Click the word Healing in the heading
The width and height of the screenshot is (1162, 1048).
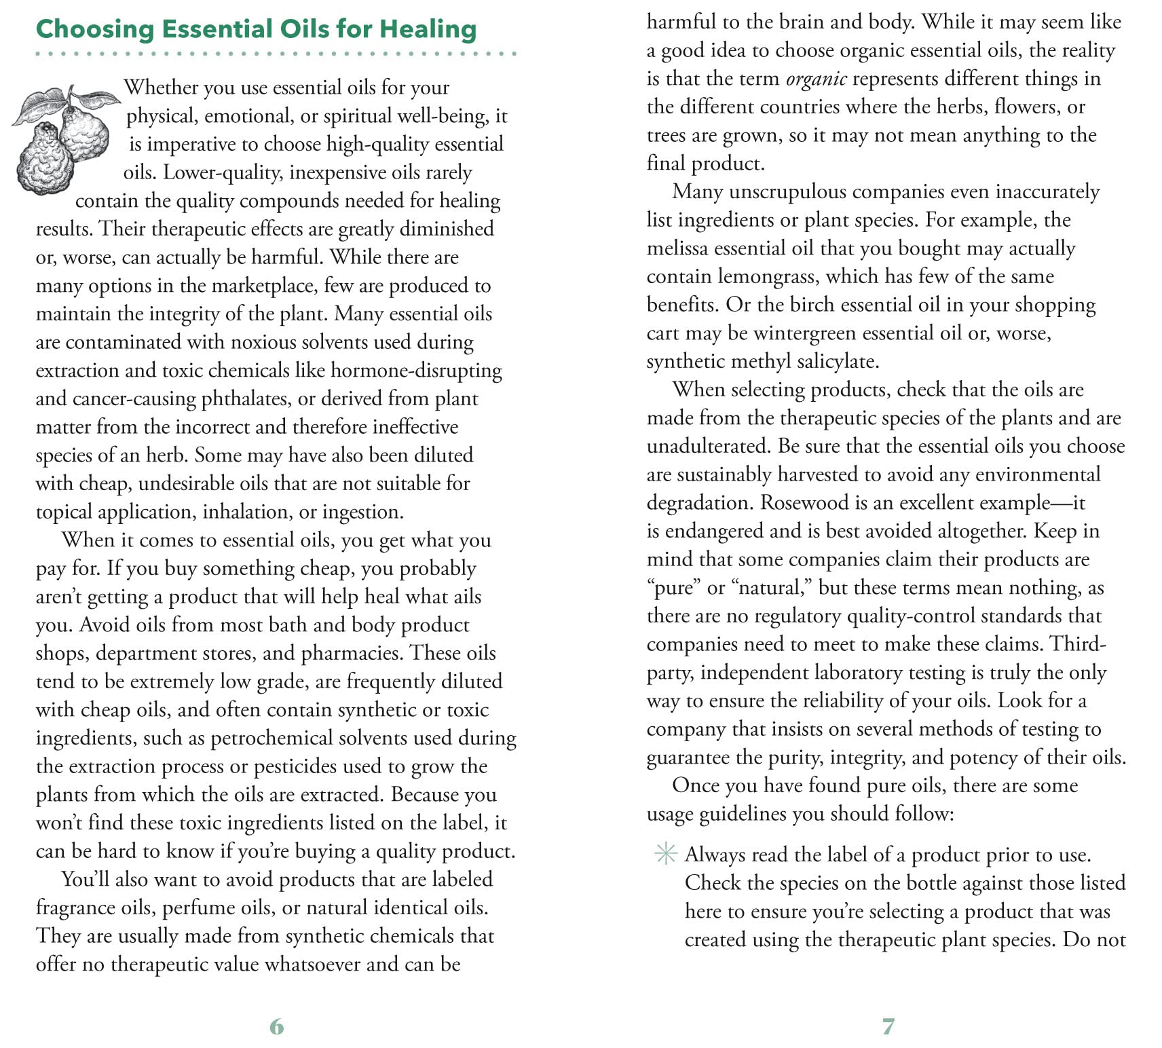428,29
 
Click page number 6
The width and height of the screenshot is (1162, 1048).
276,1026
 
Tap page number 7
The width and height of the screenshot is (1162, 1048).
888,1026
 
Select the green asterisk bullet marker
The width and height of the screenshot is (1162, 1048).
666,855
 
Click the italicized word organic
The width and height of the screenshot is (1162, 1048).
816,79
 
